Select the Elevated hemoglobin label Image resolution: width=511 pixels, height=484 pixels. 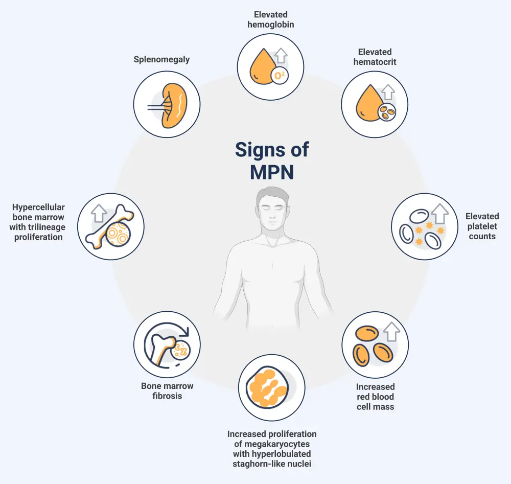coord(271,19)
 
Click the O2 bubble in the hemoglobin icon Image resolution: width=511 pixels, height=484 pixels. coord(280,75)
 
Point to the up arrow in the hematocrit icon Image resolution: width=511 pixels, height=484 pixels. coord(388,91)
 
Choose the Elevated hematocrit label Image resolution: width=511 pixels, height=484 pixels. coord(375,57)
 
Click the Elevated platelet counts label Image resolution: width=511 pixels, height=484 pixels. coord(482,226)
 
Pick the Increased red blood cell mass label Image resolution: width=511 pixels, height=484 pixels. coord(375,397)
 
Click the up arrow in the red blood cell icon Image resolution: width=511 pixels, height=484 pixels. coord(391,332)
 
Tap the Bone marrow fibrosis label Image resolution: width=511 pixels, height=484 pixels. coord(167,390)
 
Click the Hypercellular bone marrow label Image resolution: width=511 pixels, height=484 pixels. coord(38,222)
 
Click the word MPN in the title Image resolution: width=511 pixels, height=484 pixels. coord(271,172)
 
